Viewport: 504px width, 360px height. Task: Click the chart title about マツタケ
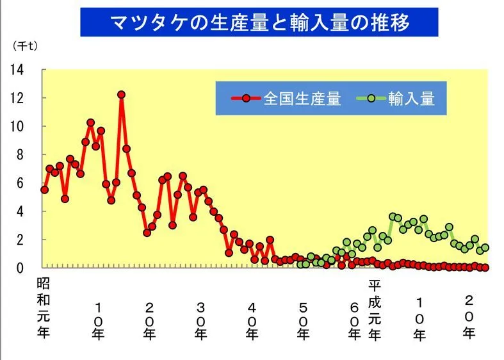pyautogui.click(x=259, y=22)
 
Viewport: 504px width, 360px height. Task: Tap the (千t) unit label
pyautogui.click(x=25, y=45)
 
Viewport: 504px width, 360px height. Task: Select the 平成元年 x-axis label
pyautogui.click(x=375, y=307)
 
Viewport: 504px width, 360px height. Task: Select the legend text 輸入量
pyautogui.click(x=411, y=99)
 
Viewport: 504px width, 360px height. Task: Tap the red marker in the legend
pyautogui.click(x=246, y=99)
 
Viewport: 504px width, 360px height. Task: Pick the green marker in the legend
pyautogui.click(x=371, y=99)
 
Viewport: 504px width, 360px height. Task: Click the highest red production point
pyautogui.click(x=121, y=95)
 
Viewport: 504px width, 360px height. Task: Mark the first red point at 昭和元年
pyautogui.click(x=44, y=190)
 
